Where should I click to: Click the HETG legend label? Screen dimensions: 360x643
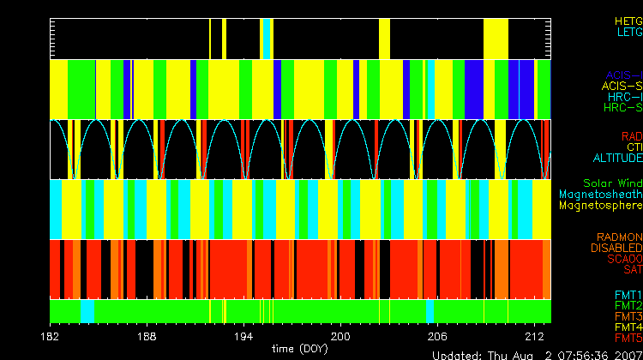(x=628, y=20)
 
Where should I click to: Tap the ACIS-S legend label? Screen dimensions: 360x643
(x=622, y=86)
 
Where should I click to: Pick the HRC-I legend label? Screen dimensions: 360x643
(x=625, y=97)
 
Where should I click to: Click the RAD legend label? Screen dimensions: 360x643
(x=631, y=136)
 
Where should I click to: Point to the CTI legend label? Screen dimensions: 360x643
(x=634, y=147)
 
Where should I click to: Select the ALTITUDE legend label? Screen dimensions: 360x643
(x=617, y=159)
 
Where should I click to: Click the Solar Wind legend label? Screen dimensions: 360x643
(x=612, y=183)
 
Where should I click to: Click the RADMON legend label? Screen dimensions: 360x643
(x=619, y=237)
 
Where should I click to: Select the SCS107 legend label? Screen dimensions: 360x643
(x=623, y=259)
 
